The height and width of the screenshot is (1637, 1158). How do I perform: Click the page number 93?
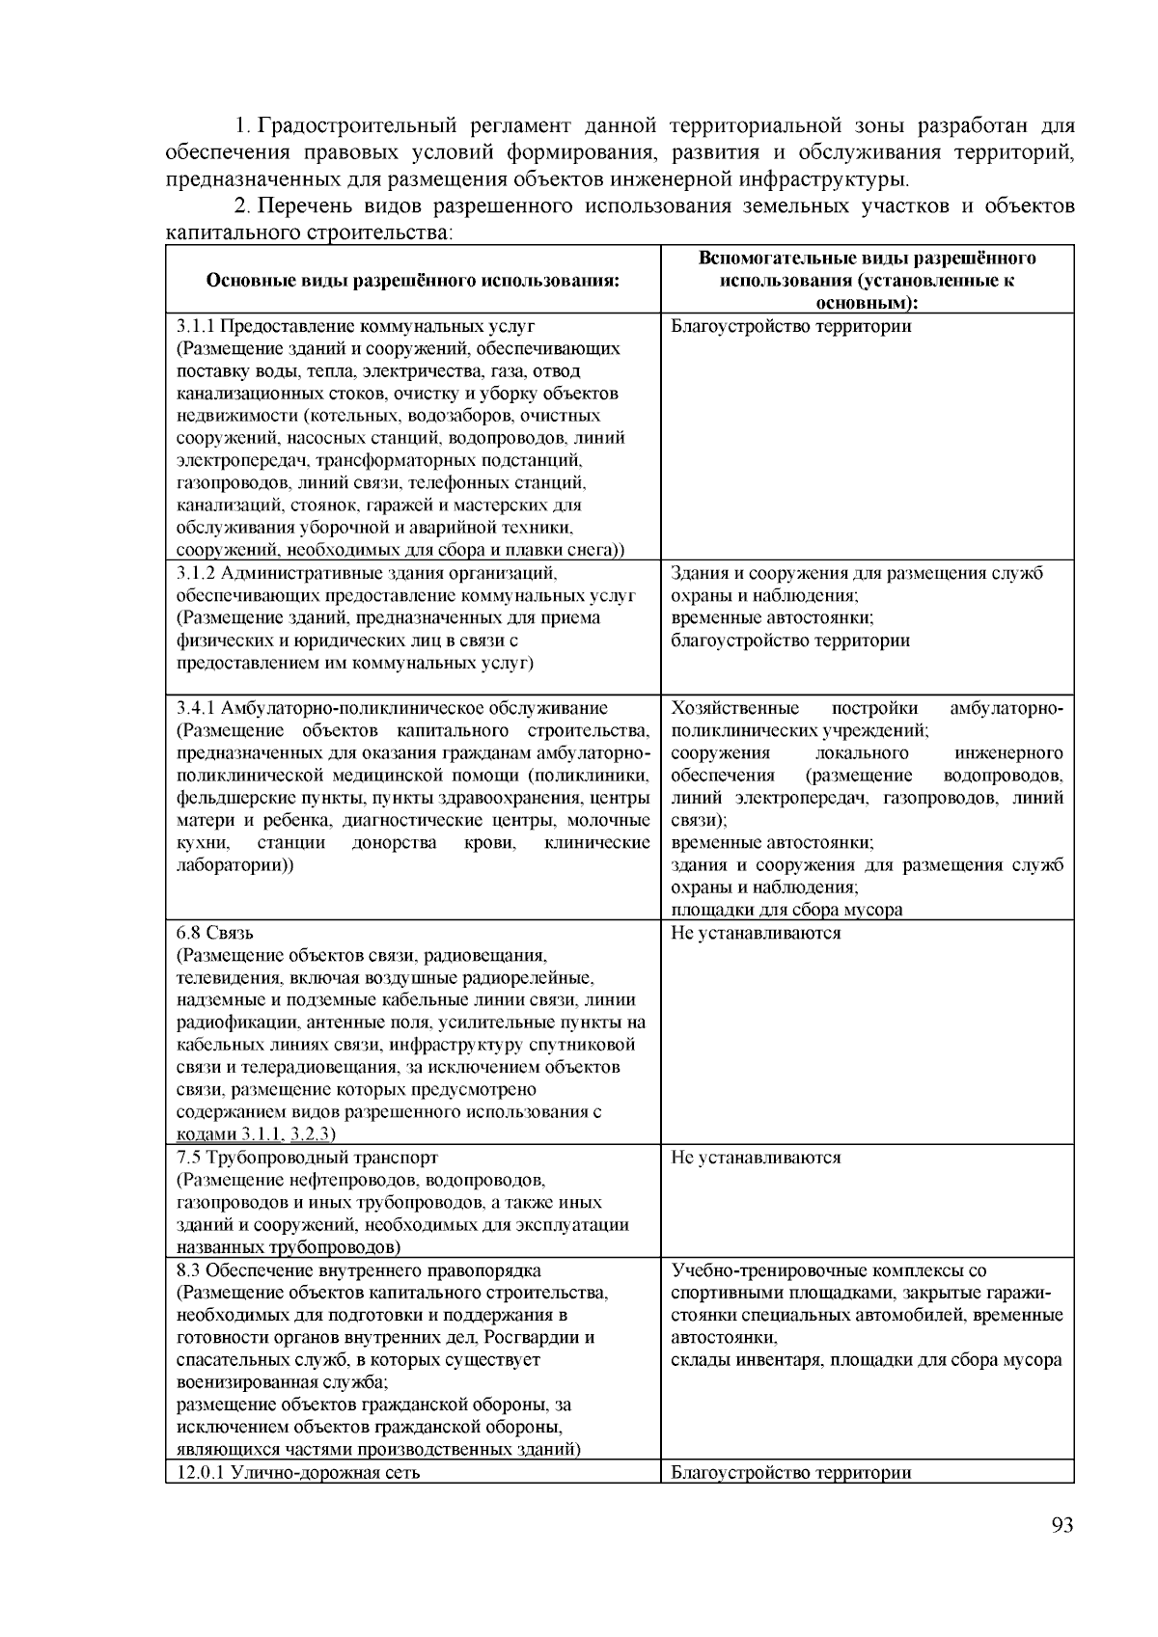1061,1525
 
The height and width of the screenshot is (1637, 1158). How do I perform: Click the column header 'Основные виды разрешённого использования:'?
412,282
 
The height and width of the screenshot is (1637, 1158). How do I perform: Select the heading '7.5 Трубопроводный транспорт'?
308,1158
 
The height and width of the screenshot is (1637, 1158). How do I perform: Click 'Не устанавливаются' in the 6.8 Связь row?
756,934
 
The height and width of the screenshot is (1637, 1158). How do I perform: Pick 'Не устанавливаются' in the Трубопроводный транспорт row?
756,1158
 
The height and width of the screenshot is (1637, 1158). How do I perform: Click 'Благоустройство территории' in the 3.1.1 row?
790,326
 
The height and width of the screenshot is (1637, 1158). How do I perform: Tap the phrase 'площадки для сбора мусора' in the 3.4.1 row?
786,910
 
